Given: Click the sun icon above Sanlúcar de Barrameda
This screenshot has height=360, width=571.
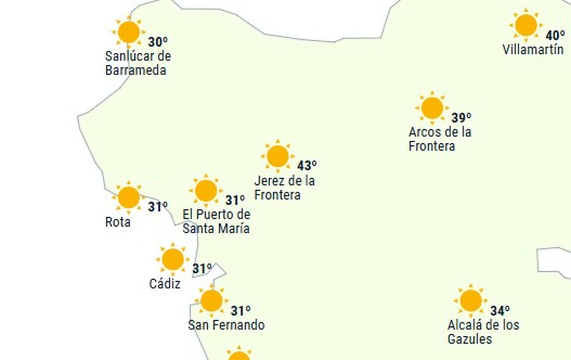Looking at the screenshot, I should [128, 32].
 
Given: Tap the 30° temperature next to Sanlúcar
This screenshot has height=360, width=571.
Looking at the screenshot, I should [158, 42].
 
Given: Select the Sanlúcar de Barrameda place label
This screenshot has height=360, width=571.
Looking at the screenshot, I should [138, 63].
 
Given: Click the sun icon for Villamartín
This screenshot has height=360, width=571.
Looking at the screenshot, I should [526, 25].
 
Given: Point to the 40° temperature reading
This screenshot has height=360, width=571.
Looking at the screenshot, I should [555, 35].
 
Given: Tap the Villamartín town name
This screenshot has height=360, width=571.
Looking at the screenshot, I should [533, 50].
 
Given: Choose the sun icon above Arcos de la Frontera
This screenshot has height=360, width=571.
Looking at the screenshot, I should [432, 108].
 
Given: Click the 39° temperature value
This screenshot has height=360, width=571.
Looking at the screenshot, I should [461, 118].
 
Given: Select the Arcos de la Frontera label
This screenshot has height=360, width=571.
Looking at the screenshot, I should [440, 139].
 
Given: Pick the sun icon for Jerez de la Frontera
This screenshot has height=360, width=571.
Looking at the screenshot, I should [278, 156].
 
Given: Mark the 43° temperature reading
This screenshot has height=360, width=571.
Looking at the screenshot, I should [307, 166].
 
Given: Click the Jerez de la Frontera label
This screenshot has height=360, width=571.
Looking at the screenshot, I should [284, 188].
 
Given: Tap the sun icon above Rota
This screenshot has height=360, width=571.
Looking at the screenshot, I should [128, 197].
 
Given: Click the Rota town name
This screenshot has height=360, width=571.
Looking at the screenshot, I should [118, 222].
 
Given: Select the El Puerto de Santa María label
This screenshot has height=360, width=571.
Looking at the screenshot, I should [217, 221].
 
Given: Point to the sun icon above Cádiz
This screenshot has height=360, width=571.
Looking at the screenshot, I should [173, 260].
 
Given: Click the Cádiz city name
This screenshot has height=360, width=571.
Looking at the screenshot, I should [165, 284].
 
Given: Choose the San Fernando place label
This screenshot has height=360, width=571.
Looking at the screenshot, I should [226, 326].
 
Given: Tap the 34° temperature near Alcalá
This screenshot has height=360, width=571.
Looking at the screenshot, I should [500, 311].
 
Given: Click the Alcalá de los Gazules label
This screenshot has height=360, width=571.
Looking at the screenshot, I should [483, 332].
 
